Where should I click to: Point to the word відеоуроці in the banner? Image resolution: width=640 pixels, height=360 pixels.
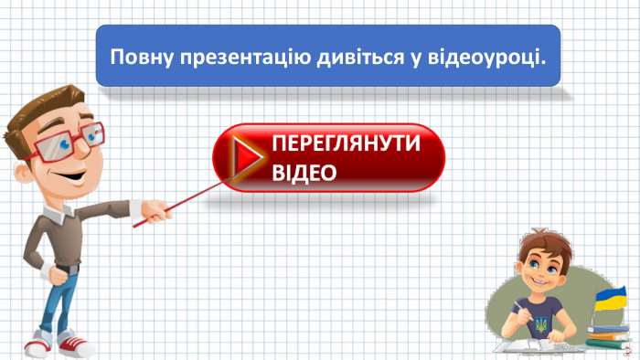485,58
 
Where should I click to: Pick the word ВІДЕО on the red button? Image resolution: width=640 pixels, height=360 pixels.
304,173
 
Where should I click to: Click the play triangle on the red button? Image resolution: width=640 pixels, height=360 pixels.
243,158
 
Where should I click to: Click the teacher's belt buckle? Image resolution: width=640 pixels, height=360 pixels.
63,270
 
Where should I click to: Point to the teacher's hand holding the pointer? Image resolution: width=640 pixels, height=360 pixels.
156,214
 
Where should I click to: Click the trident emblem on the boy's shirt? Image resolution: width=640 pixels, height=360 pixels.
541,324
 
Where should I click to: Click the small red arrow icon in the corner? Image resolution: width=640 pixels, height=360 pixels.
631,350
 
